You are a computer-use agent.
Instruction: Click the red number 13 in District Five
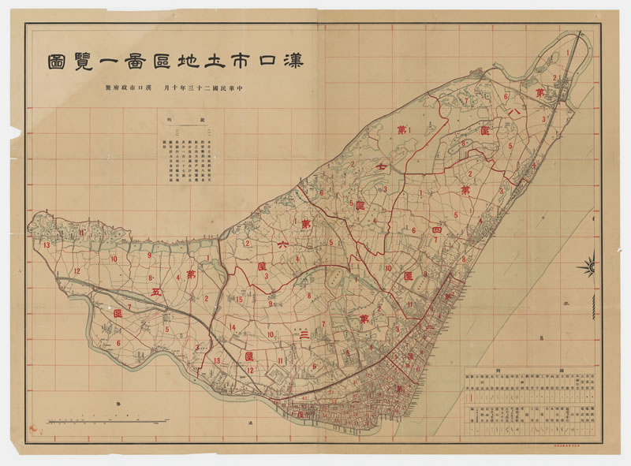coord(47,246)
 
